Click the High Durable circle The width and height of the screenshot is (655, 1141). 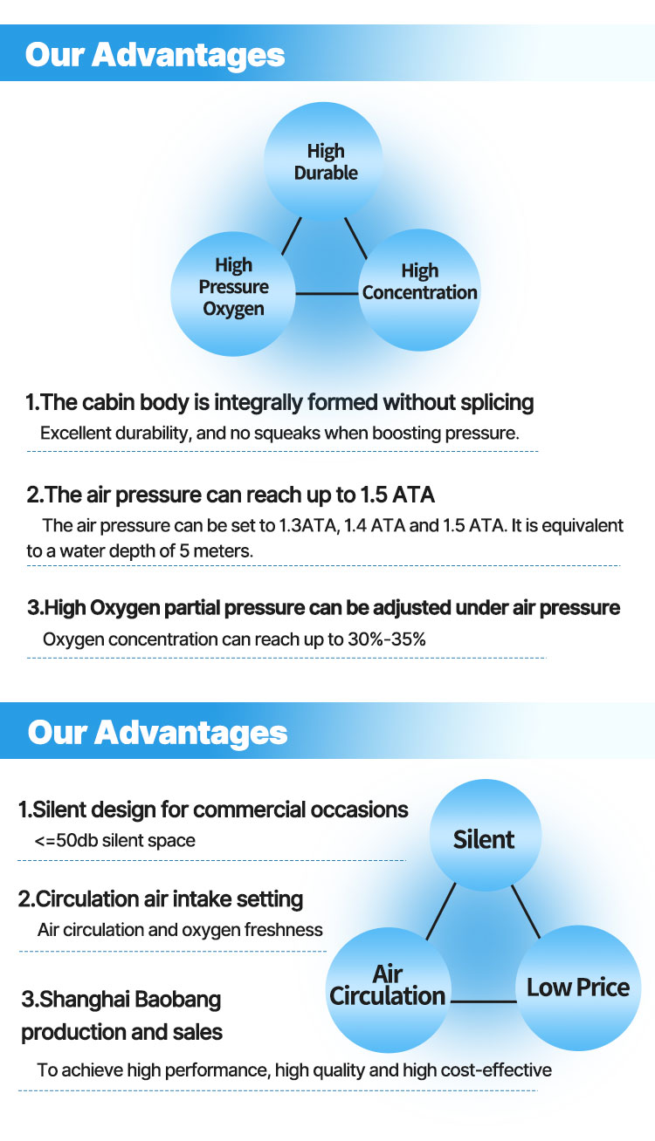coord(323,161)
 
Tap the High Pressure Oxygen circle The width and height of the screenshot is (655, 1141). coord(233,294)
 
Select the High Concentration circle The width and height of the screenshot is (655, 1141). coord(419,290)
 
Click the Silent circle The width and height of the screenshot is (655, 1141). coord(485,835)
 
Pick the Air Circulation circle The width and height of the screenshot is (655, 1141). coord(389,990)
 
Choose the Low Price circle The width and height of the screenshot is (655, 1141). coord(578,987)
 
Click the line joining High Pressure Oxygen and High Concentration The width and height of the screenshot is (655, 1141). coord(327,294)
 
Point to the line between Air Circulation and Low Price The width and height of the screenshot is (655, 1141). coord(484,1002)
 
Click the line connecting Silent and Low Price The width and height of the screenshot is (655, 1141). coord(526,912)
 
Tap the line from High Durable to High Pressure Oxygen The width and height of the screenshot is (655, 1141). coord(292,236)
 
